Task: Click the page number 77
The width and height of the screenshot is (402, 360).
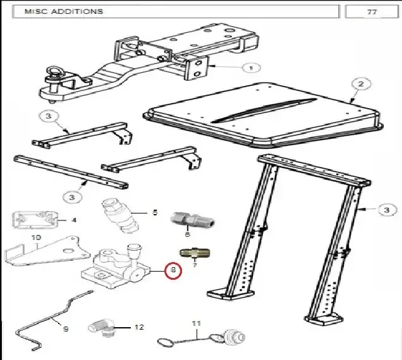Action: click(372, 12)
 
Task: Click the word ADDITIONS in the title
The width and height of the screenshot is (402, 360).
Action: click(77, 11)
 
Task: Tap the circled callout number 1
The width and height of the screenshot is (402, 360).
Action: click(252, 68)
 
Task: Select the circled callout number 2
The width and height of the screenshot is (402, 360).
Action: click(361, 84)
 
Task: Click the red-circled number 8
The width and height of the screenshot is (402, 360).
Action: click(174, 270)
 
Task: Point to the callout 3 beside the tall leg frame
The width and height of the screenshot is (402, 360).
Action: click(386, 210)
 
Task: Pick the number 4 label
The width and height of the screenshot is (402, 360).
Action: click(74, 220)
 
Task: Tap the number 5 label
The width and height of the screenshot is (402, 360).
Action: click(155, 212)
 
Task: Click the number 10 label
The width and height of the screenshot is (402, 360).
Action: click(36, 237)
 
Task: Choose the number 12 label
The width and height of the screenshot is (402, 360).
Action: click(139, 327)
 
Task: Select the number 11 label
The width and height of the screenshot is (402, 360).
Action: click(196, 323)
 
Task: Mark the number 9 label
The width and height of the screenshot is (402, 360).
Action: click(66, 329)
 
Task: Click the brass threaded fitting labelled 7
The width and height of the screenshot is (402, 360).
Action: click(195, 253)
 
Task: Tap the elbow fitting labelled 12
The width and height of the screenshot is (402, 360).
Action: click(101, 328)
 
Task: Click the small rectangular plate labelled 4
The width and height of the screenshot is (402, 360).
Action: click(35, 220)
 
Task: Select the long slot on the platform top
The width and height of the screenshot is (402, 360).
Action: click(264, 110)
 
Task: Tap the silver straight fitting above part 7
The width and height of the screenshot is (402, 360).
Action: click(193, 220)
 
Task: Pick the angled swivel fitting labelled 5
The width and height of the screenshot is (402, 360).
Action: click(120, 216)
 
